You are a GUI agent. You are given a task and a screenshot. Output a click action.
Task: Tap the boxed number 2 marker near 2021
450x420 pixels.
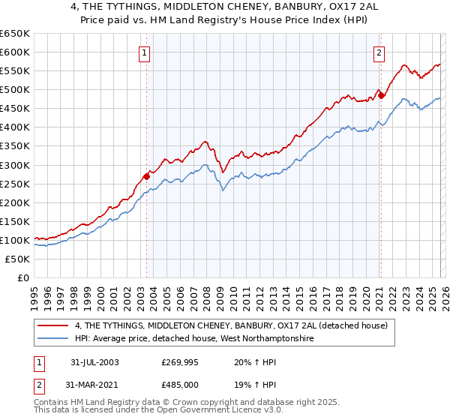coord(379,52)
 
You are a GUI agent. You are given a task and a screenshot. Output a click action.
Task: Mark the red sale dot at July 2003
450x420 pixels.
coord(147,176)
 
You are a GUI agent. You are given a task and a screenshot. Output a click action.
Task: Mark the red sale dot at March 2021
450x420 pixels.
coord(381,94)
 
